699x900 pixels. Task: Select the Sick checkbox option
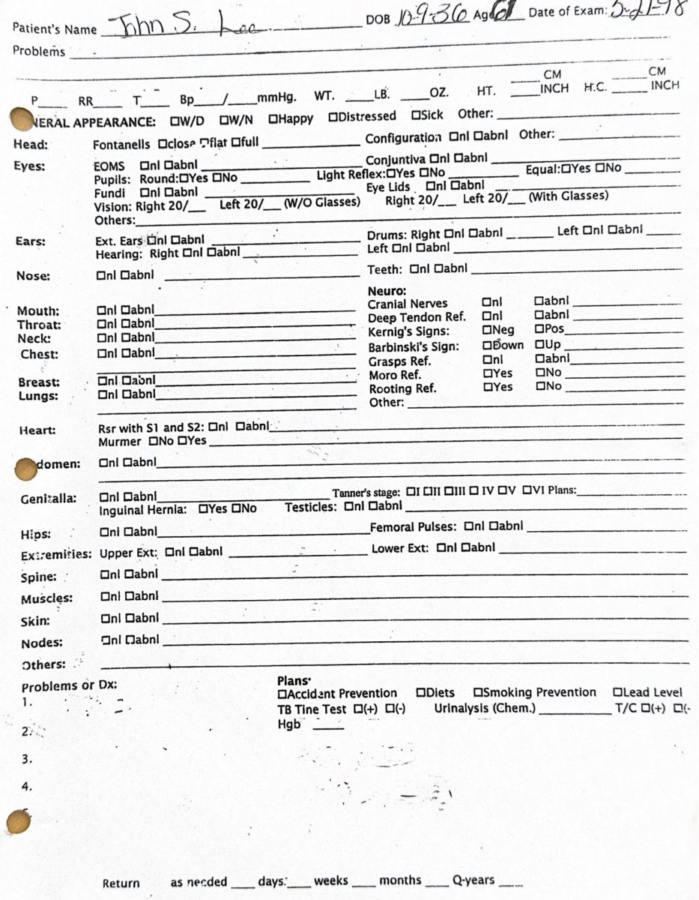click(415, 116)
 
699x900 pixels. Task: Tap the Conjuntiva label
click(396, 159)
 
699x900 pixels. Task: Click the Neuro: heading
click(387, 290)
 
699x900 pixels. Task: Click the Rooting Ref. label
click(402, 388)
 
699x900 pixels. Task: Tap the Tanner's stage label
click(366, 493)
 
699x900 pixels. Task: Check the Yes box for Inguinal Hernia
click(203, 508)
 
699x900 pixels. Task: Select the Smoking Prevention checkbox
click(477, 692)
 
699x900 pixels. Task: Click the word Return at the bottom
click(121, 883)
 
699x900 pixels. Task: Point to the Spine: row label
click(38, 577)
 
